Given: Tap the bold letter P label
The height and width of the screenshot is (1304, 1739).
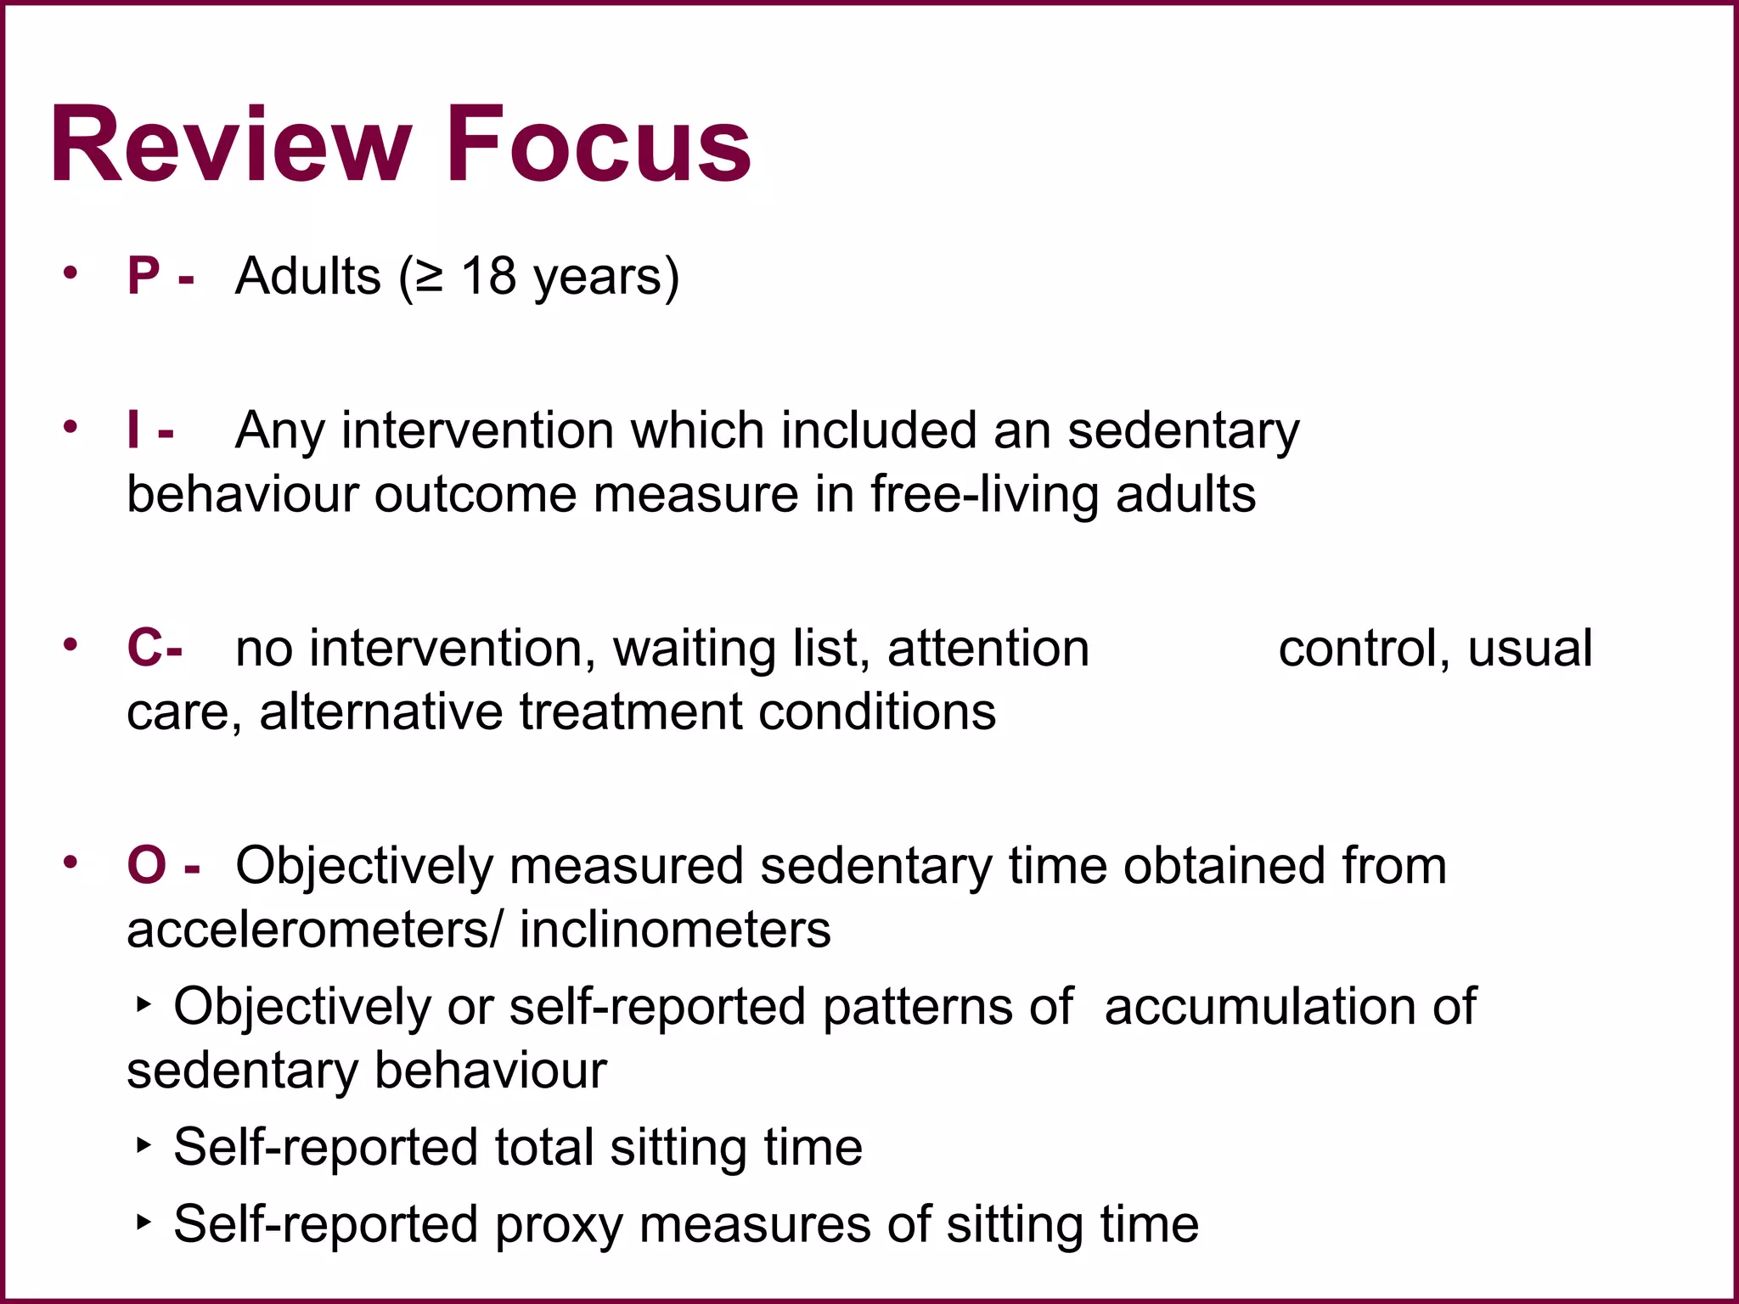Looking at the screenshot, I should click(144, 276).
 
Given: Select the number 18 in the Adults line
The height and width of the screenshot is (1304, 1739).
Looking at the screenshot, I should click(488, 276).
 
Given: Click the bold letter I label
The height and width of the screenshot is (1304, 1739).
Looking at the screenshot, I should click(132, 430).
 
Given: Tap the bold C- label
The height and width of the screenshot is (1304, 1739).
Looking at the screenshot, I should click(155, 648).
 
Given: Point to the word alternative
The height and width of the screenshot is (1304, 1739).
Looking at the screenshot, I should click(380, 711).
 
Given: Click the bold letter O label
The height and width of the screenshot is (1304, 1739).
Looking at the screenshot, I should click(146, 865).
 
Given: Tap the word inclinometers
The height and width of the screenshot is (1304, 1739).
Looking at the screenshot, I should click(675, 930).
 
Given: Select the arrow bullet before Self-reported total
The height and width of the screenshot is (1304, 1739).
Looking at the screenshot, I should click(144, 1146).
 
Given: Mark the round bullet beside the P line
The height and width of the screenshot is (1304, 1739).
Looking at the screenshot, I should click(70, 273).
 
